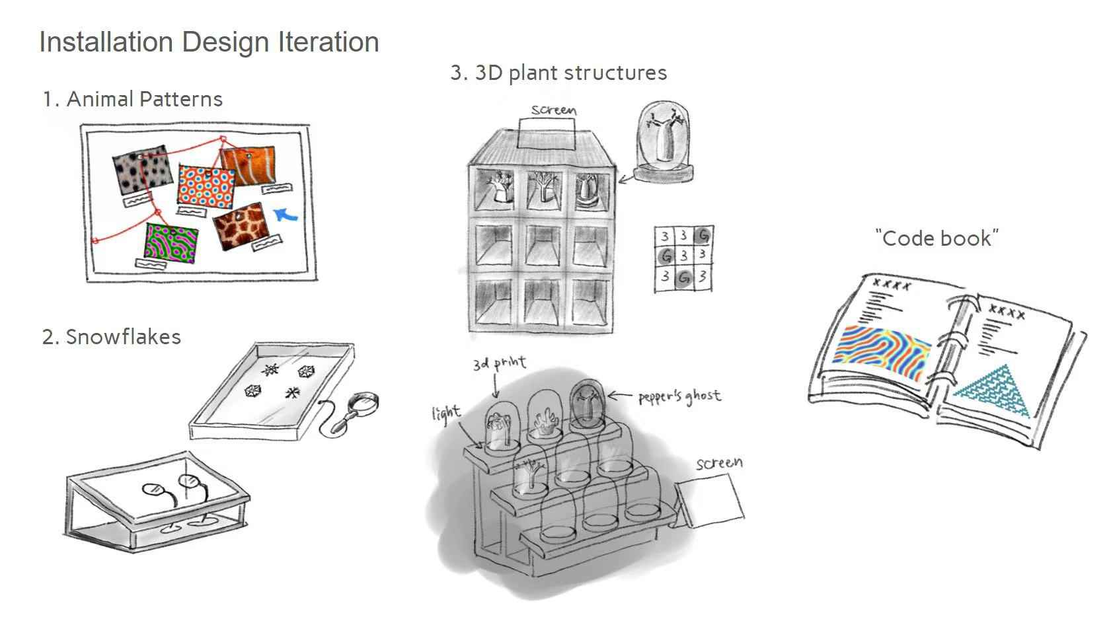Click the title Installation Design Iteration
pos(209,42)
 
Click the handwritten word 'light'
pos(445,414)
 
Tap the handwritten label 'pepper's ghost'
pos(679,397)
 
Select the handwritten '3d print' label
pos(499,364)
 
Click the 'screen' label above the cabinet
pos(554,110)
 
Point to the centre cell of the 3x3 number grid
pos(684,255)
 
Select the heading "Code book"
pos(937,238)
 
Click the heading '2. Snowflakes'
pos(111,337)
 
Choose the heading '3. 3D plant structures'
pos(558,73)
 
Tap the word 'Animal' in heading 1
pos(101,99)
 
